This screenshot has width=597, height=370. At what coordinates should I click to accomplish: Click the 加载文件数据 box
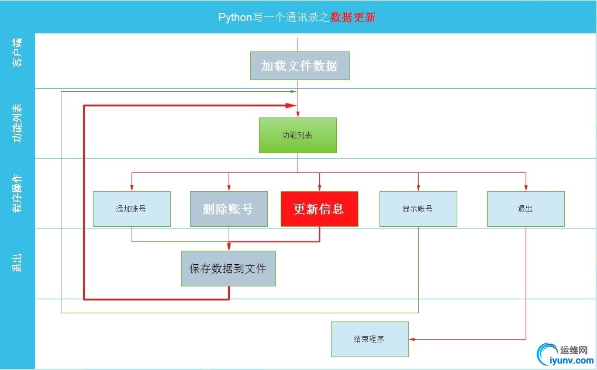(x=299, y=65)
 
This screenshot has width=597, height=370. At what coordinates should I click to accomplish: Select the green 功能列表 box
(x=298, y=135)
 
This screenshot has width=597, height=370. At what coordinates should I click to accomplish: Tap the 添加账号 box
(x=132, y=209)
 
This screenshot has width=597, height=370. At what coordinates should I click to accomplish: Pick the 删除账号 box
(x=229, y=209)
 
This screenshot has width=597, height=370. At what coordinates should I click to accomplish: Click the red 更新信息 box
(x=319, y=209)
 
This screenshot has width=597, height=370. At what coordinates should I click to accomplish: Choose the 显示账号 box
(x=417, y=209)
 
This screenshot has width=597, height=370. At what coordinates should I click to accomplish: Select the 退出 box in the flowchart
(x=526, y=209)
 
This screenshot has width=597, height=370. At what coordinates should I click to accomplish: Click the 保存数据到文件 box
(x=228, y=269)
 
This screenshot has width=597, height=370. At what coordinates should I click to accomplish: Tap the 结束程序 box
(x=370, y=339)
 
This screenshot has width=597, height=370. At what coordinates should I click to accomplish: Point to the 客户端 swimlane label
(x=18, y=53)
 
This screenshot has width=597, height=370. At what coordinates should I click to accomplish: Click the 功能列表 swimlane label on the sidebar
(x=18, y=123)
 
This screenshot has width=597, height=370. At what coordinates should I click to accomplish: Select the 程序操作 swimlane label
(x=18, y=193)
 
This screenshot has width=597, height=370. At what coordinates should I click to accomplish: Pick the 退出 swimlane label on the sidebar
(x=18, y=263)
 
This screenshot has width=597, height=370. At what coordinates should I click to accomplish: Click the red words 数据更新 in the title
(x=353, y=17)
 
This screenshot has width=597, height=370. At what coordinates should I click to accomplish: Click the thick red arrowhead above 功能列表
(x=291, y=105)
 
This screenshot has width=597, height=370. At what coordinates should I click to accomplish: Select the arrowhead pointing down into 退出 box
(x=526, y=188)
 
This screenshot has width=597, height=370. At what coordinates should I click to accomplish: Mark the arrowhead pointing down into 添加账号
(x=132, y=188)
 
